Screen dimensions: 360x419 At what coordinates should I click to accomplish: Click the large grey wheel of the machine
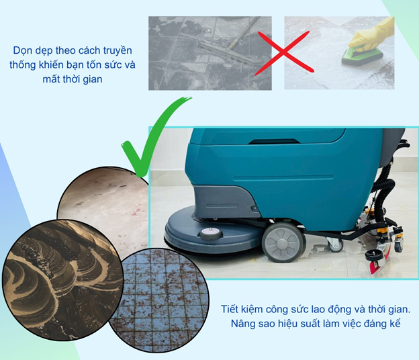(283, 242)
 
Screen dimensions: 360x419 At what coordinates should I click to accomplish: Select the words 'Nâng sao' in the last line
(243, 324)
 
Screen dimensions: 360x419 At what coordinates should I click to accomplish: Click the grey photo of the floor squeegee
(209, 53)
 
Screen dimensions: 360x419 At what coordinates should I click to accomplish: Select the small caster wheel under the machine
(335, 244)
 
